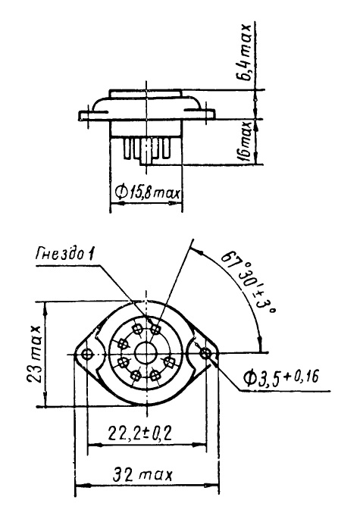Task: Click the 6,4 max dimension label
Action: [x=246, y=52]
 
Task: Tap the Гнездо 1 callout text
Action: [x=64, y=255]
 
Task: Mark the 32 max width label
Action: [x=142, y=475]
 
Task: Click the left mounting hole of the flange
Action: [x=87, y=355]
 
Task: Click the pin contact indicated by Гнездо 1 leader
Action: [x=155, y=329]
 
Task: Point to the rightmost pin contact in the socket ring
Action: [x=170, y=363]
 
